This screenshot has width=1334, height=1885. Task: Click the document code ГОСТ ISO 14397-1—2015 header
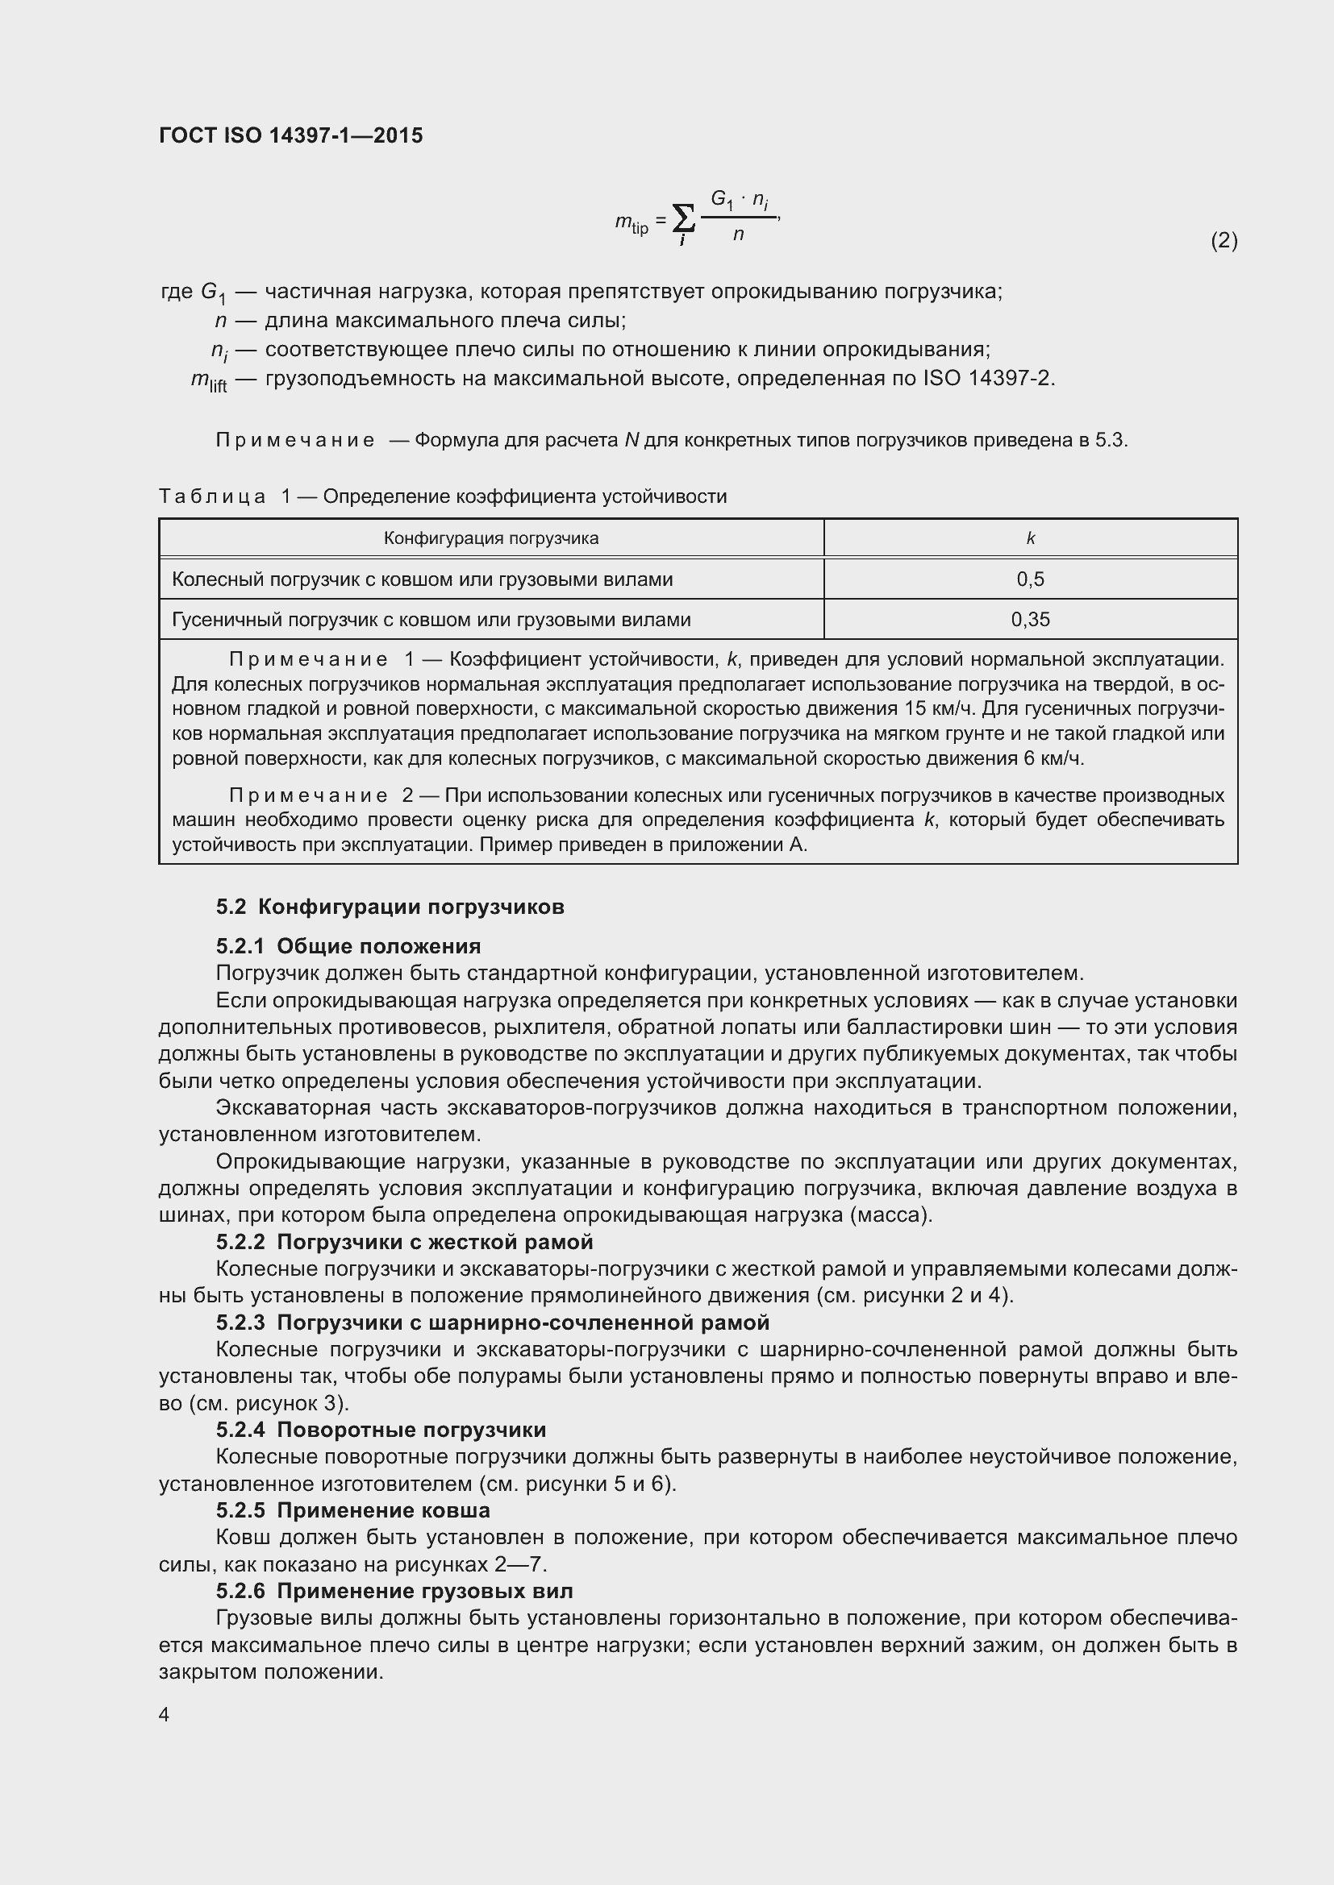tap(291, 135)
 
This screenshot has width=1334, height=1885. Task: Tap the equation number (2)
tap(1224, 240)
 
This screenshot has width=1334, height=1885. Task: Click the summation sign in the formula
tap(683, 218)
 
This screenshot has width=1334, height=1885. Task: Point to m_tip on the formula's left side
tap(632, 222)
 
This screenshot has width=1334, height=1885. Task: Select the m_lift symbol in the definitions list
tap(209, 380)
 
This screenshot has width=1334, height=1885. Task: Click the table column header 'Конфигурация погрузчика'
tap(491, 538)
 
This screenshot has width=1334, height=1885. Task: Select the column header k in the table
tap(1030, 538)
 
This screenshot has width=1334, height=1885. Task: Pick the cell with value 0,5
tap(1030, 579)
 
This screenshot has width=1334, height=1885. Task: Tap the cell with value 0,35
tap(1030, 620)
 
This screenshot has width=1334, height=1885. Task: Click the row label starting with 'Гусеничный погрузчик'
tap(431, 620)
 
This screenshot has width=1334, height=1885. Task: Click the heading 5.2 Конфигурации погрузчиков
tap(390, 907)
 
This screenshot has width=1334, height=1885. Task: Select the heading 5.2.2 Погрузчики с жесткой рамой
tap(404, 1242)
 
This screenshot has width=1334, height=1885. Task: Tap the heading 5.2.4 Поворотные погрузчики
tap(381, 1430)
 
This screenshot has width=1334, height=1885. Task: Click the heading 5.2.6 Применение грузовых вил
tap(394, 1591)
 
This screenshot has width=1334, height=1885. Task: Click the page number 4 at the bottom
tap(165, 1715)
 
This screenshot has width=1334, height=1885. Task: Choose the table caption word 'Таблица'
tap(212, 496)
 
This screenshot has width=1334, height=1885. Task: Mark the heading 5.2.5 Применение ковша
tap(353, 1510)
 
